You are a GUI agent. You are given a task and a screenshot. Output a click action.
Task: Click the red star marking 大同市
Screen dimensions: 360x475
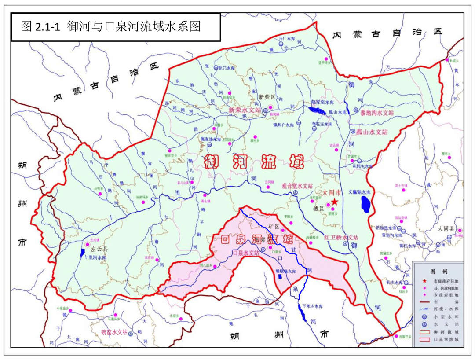pos(335,202)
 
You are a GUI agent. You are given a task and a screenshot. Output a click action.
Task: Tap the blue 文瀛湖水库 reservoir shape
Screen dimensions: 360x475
pos(365,204)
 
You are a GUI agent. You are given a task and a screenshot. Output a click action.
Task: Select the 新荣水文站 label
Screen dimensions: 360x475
pos(245,110)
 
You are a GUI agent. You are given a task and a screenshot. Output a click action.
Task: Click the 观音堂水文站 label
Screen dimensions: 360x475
pos(297,186)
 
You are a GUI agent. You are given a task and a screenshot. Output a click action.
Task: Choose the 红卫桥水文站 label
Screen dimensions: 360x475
pos(341,237)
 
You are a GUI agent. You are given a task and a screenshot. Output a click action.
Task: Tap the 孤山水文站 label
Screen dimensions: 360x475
pos(372,132)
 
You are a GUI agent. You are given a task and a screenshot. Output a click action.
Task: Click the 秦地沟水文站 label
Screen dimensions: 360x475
pos(377,113)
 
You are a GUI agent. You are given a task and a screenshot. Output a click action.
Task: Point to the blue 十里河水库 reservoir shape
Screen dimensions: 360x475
pos(83,253)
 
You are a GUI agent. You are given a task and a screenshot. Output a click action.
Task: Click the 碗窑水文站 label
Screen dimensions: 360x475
pos(114,332)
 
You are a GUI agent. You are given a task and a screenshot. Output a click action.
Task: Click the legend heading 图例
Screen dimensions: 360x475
pos(438,272)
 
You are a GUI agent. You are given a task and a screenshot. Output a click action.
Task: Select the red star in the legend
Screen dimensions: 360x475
pos(425,281)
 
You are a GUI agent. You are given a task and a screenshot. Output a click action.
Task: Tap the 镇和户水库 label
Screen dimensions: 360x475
pos(283,125)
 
